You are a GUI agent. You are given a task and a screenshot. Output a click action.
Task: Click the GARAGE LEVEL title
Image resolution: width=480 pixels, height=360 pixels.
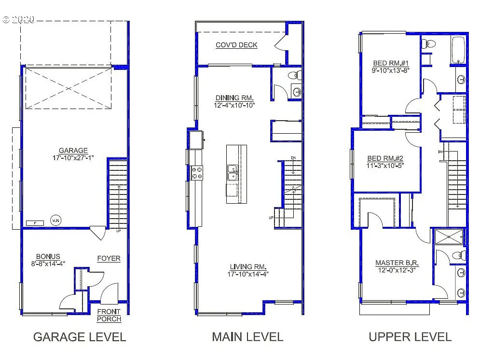(x=80, y=337)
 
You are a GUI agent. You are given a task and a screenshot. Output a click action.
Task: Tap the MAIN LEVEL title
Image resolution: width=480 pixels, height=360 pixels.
(x=247, y=337)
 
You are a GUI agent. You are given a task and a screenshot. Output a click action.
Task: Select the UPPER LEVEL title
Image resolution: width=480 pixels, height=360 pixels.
(x=410, y=337)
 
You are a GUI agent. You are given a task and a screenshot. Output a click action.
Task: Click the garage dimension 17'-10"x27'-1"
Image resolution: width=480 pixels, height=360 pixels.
(x=73, y=157)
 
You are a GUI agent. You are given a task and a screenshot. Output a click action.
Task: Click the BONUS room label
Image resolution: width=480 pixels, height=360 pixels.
(x=48, y=256)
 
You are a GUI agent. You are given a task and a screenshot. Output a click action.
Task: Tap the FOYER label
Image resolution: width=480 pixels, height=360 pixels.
(x=109, y=258)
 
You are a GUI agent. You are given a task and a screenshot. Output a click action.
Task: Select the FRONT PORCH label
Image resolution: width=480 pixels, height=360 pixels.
(x=109, y=316)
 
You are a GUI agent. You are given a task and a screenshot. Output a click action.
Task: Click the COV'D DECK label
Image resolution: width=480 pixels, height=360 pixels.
(x=236, y=45)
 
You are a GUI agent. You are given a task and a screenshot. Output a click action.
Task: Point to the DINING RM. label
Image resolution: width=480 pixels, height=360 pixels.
(x=234, y=98)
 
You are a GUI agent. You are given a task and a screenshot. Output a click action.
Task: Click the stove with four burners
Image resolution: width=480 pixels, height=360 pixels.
(x=197, y=173)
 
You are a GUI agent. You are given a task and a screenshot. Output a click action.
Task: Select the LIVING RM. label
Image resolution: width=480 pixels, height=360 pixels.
(x=248, y=267)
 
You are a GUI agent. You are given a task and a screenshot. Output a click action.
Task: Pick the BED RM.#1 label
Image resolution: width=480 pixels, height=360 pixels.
(x=391, y=63)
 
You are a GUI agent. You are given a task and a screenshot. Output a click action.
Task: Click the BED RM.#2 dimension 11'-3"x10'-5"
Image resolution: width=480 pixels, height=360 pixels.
(x=385, y=165)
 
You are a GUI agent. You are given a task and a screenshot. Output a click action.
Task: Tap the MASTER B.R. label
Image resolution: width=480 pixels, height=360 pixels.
(x=397, y=263)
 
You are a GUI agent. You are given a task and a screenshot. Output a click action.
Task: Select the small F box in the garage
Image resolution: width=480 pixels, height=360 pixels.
(x=35, y=222)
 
